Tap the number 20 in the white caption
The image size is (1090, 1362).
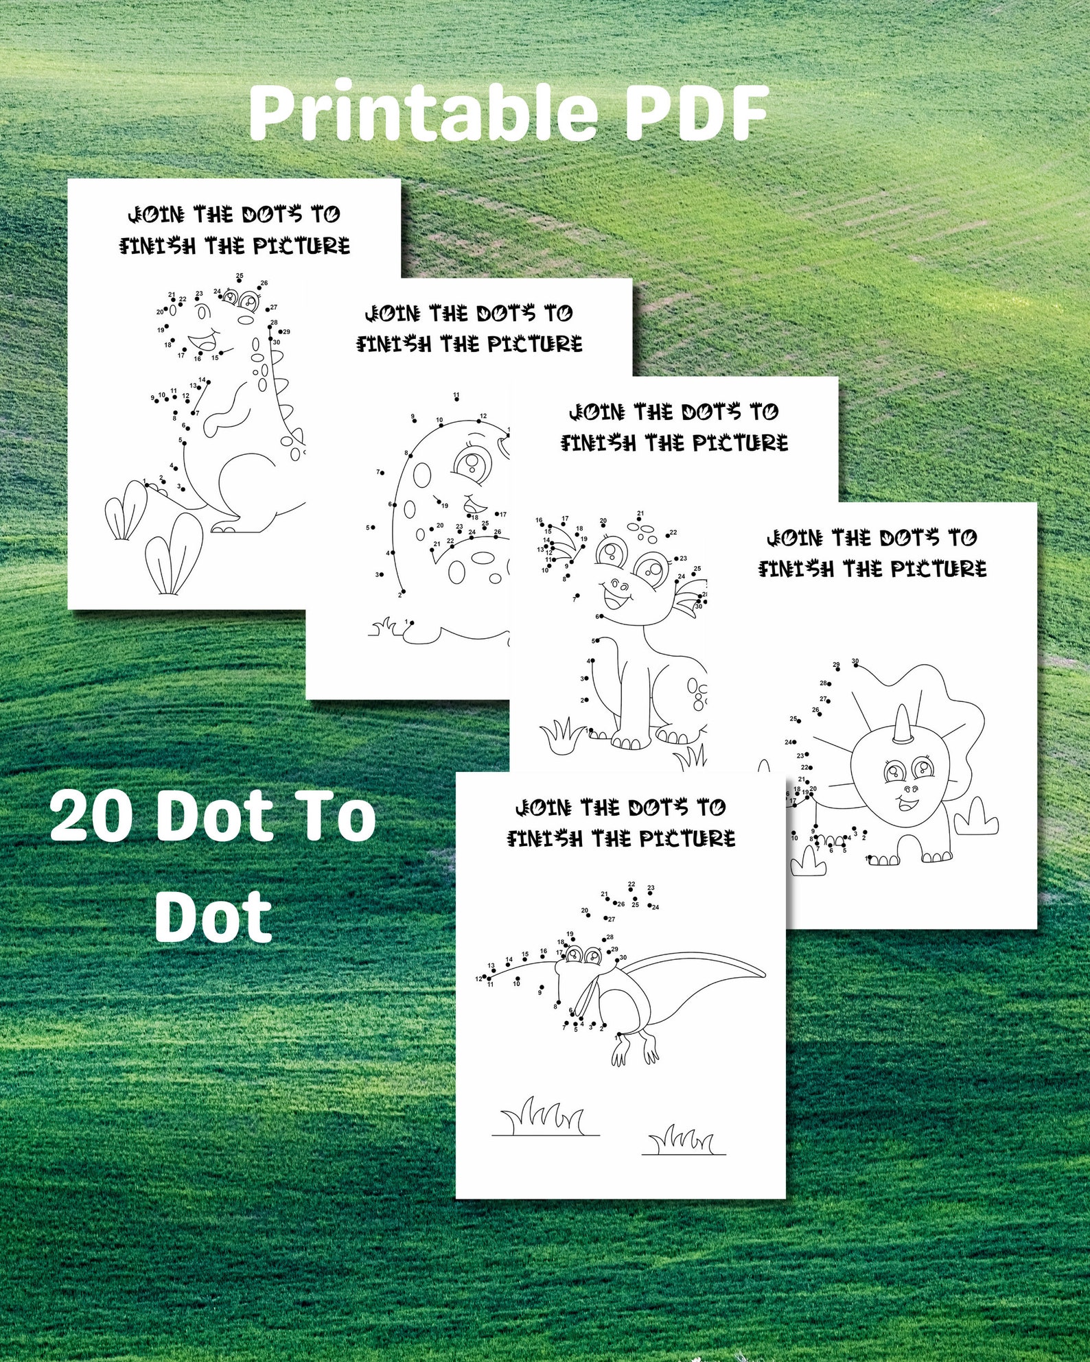91,817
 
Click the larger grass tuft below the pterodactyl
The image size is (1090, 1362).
544,1117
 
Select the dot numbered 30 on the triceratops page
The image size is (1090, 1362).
855,664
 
